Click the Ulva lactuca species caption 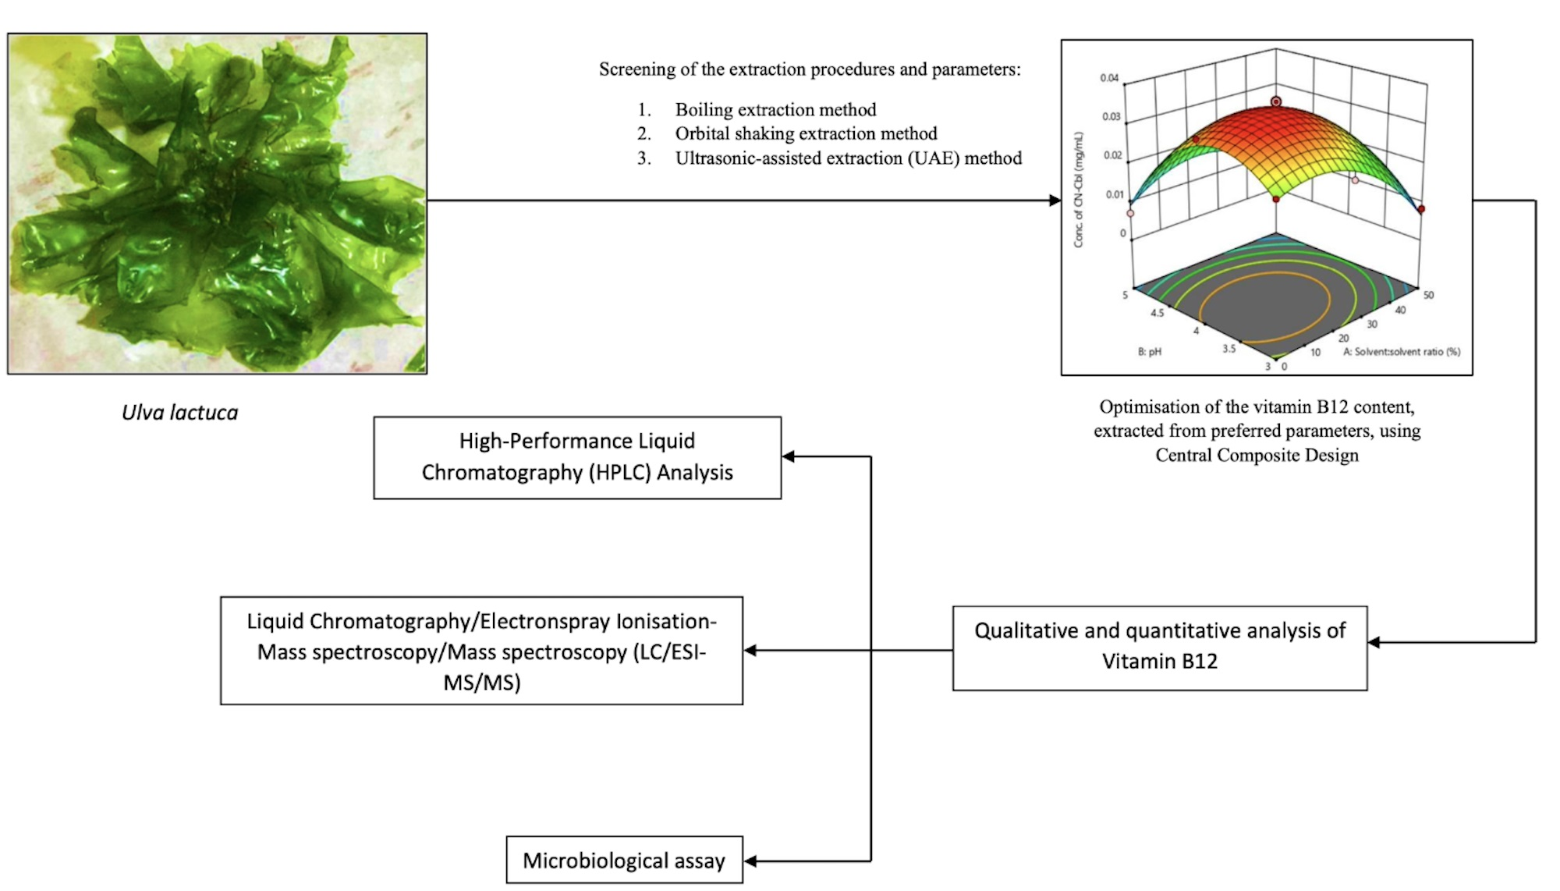pos(179,413)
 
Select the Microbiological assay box pos(623,861)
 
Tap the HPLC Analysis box pos(576,457)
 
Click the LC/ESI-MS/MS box pos(481,651)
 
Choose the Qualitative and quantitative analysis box pos(1159,648)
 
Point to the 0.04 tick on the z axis pos(1109,78)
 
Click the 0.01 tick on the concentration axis pos(1114,194)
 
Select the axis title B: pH pos(1149,352)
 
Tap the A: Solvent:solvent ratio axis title pos(1401,352)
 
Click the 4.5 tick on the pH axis pos(1157,313)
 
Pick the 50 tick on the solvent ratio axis pos(1428,295)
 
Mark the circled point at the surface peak pos(1276,101)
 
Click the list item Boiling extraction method pos(775,109)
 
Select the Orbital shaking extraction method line pos(806,133)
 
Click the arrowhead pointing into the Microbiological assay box pos(750,861)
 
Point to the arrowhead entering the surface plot pos(1055,201)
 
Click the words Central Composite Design pos(1257,455)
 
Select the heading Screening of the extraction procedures pos(809,69)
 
